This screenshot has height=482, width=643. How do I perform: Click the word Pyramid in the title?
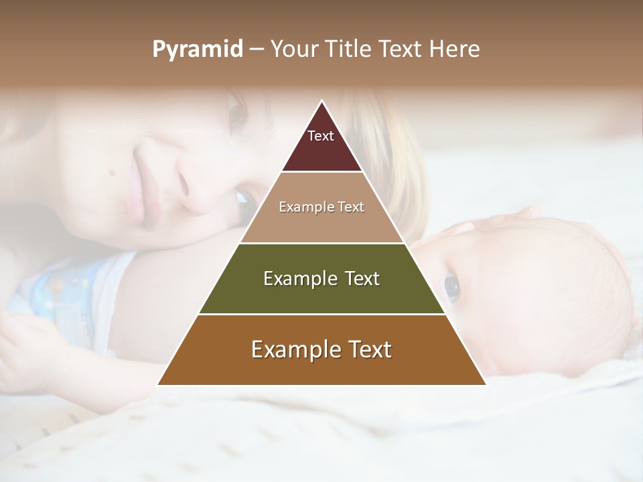click(197, 50)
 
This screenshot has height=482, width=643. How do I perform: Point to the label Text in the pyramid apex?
click(321, 136)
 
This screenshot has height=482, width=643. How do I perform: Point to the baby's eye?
click(451, 287)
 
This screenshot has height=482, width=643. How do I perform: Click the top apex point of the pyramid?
click(321, 101)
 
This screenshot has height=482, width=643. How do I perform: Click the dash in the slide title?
click(257, 50)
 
